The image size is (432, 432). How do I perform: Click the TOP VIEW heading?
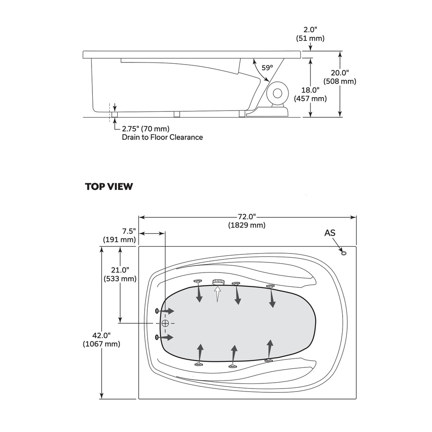click(109, 186)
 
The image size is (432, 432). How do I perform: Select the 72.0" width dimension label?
click(247, 221)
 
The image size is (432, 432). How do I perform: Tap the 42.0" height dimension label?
click(101, 340)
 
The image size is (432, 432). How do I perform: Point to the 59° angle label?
click(267, 67)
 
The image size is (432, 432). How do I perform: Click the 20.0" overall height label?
click(340, 77)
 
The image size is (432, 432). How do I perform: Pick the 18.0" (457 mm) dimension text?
click(310, 94)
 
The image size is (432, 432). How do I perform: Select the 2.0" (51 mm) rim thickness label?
click(310, 34)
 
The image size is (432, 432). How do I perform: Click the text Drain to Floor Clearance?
click(162, 137)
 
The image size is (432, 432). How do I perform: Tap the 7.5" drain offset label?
click(119, 235)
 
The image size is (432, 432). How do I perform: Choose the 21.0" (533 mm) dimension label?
click(120, 274)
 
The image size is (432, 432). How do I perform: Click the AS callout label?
click(330, 233)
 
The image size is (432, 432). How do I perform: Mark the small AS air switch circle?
click(343, 253)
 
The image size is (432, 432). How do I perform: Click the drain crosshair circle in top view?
click(165, 323)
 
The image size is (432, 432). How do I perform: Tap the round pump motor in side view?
click(277, 93)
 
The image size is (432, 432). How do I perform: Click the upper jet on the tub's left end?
click(157, 311)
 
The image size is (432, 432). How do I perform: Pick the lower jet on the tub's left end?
click(157, 337)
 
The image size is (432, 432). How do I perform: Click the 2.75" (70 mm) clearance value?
click(146, 129)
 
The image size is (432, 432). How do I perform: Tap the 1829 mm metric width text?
click(247, 225)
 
